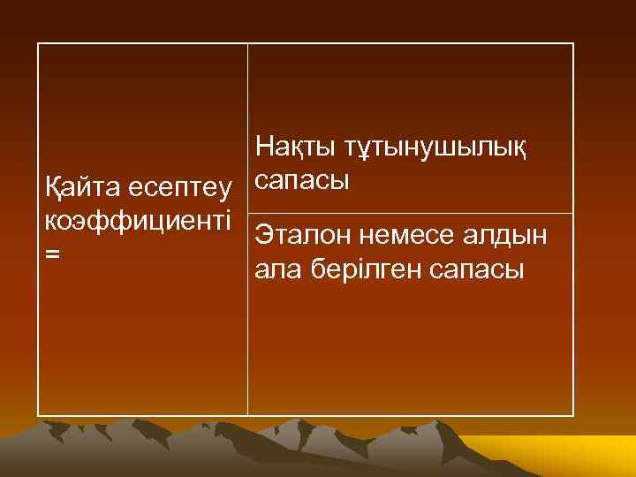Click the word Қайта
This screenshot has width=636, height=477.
coord(81,189)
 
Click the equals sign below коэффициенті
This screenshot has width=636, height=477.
coord(53,254)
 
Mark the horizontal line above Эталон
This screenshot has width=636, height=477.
coord(410,213)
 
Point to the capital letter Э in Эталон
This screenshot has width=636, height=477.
coord(262,236)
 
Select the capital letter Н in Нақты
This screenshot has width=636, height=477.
coord(262,148)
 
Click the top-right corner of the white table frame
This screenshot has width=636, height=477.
coord(573,43)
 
